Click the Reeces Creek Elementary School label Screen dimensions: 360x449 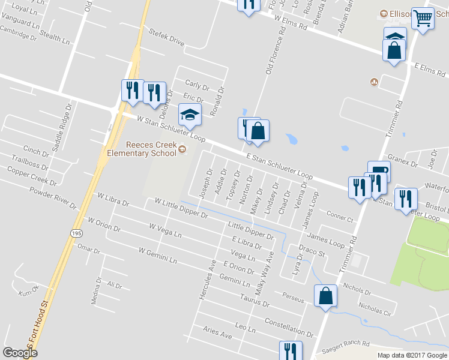(x=142, y=149)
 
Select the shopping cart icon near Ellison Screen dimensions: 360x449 (x=423, y=18)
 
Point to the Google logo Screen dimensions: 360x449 (x=20, y=353)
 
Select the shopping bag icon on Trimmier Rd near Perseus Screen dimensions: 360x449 (x=325, y=296)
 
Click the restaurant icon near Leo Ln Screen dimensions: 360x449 (x=291, y=351)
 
